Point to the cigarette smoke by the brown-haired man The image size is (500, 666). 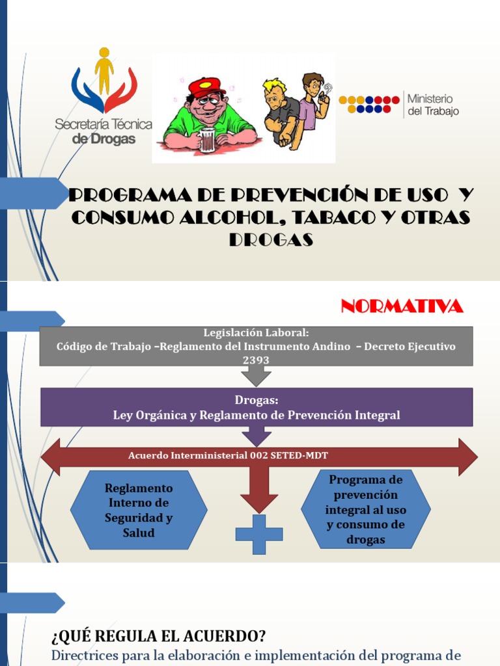click(327, 88)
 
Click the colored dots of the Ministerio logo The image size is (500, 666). click(368, 104)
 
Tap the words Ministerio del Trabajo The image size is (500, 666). click(432, 104)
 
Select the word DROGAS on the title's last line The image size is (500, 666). click(271, 240)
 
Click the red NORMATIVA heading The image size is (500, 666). click(402, 306)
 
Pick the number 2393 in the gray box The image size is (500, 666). click(256, 360)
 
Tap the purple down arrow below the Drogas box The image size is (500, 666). click(256, 436)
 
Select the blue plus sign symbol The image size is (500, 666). click(258, 535)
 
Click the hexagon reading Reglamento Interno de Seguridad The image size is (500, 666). click(139, 510)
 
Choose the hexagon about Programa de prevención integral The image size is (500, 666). click(365, 509)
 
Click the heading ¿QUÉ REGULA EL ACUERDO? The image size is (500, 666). click(158, 635)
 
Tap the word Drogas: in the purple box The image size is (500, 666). click(256, 401)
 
